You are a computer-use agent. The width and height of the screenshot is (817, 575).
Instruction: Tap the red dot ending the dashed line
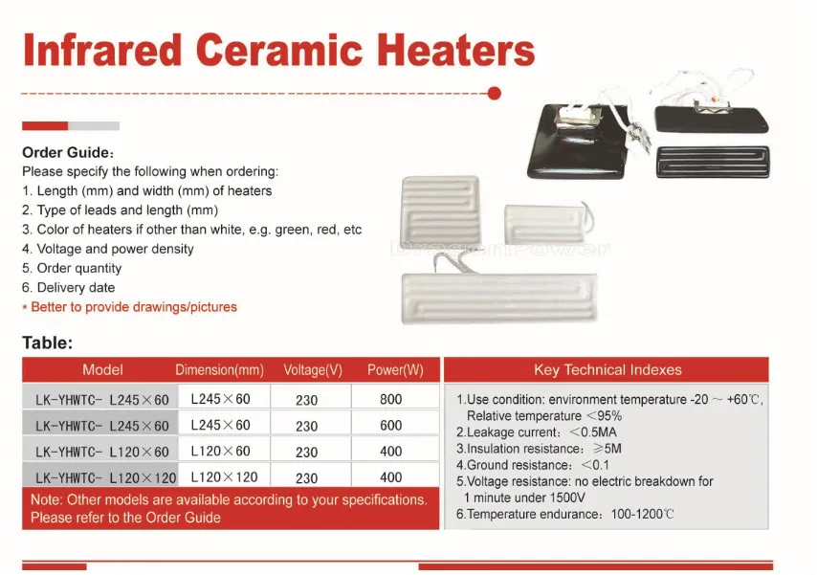pos(495,94)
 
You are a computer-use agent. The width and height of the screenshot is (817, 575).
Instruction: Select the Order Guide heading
pos(68,152)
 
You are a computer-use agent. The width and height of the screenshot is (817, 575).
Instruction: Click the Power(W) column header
pos(395,370)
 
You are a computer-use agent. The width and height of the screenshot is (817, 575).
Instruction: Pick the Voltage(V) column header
pos(313,370)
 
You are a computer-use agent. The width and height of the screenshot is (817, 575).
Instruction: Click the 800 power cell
pos(391,399)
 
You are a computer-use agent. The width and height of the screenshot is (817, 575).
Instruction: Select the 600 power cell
pos(391,426)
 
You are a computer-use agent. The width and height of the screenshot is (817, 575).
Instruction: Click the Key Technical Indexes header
pos(607,370)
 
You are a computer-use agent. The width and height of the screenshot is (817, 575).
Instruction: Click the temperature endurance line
pos(565,514)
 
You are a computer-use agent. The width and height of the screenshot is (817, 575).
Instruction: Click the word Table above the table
pos(47,343)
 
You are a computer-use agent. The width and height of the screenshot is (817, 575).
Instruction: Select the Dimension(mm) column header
pos(219,370)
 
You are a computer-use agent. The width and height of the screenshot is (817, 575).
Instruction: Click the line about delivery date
pos(68,287)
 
